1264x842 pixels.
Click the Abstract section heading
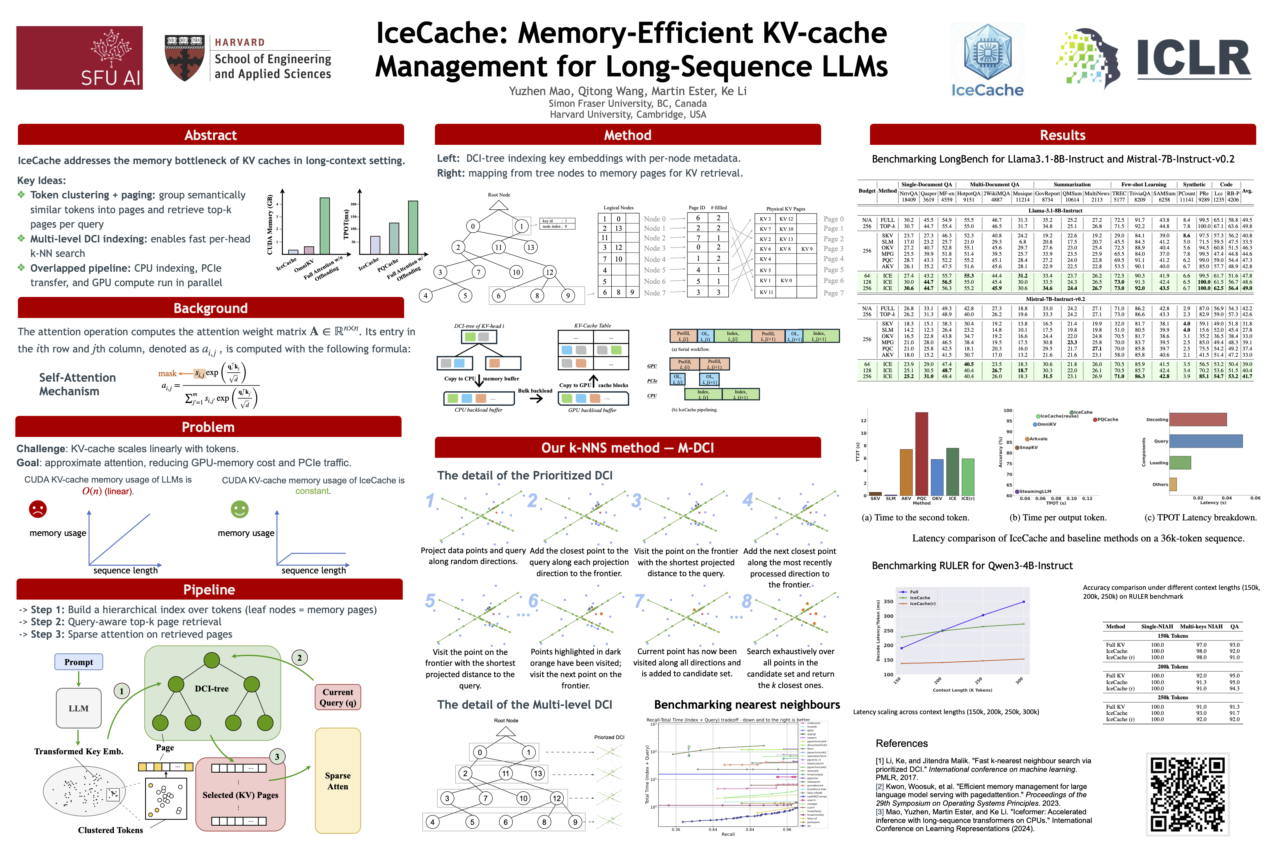tap(211, 135)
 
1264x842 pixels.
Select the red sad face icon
tap(37, 509)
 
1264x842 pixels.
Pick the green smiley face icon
tap(240, 509)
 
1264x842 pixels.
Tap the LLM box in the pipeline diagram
tap(78, 708)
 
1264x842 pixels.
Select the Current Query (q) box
tap(337, 697)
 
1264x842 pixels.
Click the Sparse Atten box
tap(337, 781)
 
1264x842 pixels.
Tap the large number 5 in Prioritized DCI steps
tap(430, 601)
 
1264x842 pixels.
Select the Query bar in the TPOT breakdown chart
tap(1205, 441)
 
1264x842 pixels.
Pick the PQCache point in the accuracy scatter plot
tap(1095, 420)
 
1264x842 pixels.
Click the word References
tap(902, 743)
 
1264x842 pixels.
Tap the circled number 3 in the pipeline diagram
tap(277, 757)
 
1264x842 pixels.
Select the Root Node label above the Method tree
tap(499, 195)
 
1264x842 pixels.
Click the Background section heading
tap(211, 308)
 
